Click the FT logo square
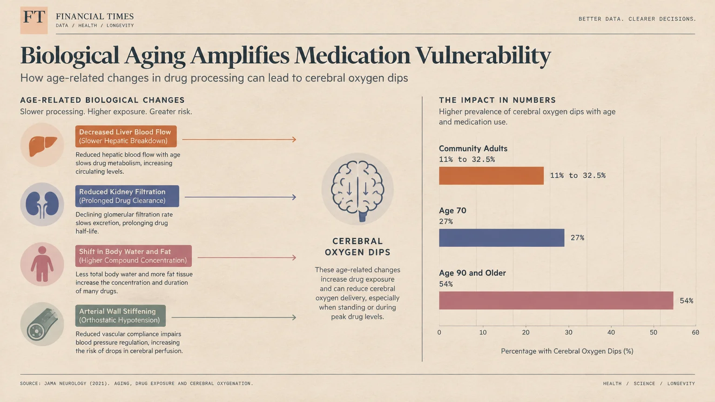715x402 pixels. click(x=34, y=20)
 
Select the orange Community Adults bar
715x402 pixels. click(x=491, y=175)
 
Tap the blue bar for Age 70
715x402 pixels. click(x=501, y=238)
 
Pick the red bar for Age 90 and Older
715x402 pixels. click(x=556, y=300)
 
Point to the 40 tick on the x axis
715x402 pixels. click(x=611, y=333)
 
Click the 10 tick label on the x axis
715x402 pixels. click(x=483, y=333)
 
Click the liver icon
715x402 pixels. click(x=42, y=146)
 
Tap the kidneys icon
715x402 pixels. click(x=42, y=205)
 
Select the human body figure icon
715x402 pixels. click(x=42, y=264)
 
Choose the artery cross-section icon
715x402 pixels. click(x=42, y=324)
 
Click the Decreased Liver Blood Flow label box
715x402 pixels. click(x=126, y=136)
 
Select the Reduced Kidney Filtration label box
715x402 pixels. click(x=127, y=196)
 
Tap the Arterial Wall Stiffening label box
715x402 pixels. click(x=121, y=316)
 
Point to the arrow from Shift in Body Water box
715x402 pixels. click(x=247, y=257)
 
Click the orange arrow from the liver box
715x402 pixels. click(x=239, y=140)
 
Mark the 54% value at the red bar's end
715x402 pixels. click(x=686, y=301)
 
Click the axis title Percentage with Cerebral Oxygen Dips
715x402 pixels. click(x=567, y=351)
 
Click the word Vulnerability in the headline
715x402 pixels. click(x=483, y=56)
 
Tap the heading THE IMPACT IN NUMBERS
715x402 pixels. click(x=497, y=100)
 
